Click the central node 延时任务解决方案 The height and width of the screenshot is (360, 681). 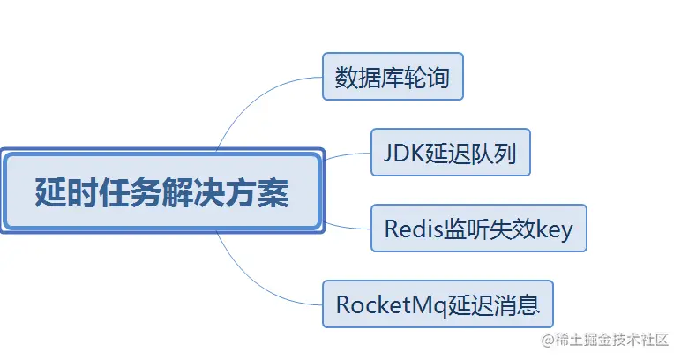pos(161,191)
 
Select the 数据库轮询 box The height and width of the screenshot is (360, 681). pos(393,78)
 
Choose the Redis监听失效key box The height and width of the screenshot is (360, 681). pos(478,229)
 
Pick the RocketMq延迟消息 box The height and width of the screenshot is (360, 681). pos(444,305)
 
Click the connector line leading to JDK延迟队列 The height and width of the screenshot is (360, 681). pos(348,155)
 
